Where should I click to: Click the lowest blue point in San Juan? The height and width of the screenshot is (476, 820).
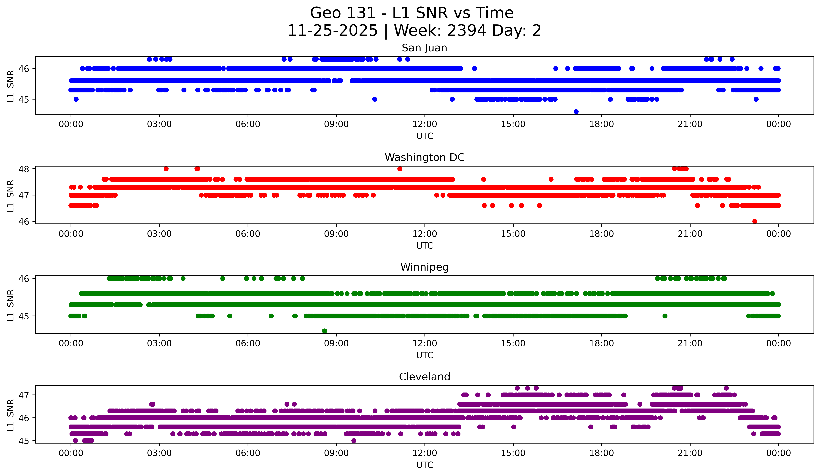(576, 112)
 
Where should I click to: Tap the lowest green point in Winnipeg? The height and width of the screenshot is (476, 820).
(324, 331)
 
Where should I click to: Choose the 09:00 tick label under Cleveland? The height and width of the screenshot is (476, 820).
(336, 453)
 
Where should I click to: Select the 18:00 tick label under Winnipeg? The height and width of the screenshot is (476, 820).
(601, 343)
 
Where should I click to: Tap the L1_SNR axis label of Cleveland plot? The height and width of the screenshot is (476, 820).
(10, 415)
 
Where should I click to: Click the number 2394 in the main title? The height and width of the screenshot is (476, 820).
(467, 31)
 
